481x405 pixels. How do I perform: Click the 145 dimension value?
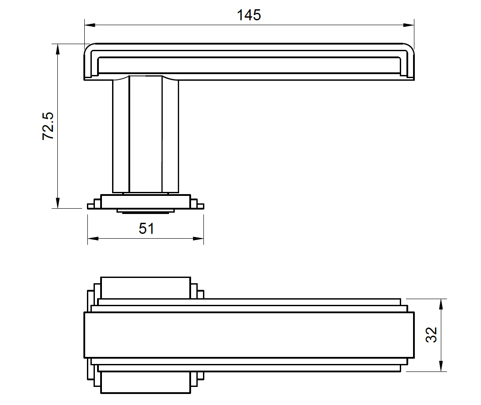point(249,15)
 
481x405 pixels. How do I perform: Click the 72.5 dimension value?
point(48,126)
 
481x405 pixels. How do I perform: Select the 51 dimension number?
point(147,229)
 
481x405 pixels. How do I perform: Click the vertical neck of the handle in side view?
point(146,135)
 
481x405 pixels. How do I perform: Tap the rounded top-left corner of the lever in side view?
point(90,49)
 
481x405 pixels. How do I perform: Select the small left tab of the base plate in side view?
point(91,206)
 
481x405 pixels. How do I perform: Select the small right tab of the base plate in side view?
point(200,206)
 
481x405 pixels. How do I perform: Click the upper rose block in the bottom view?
point(146,287)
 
